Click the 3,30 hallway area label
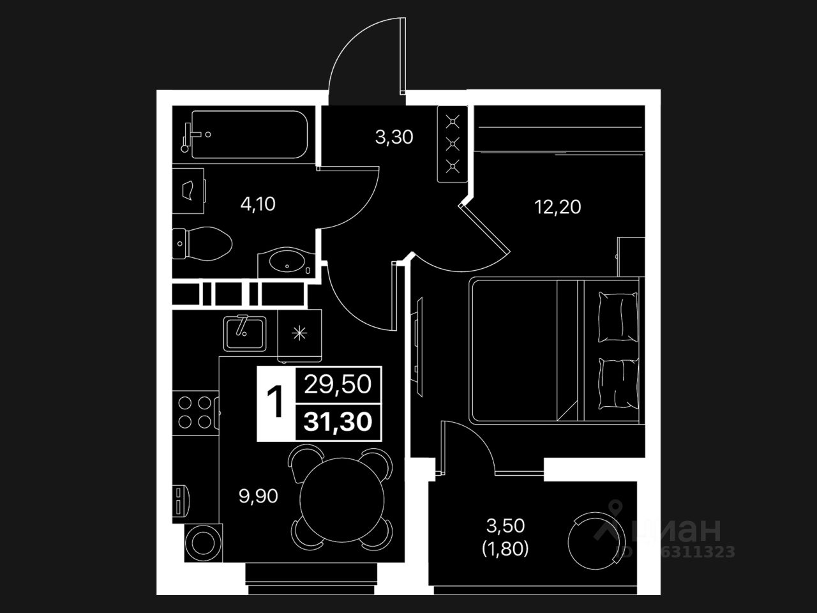(394, 137)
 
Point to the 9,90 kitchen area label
(258, 496)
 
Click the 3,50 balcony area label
(506, 526)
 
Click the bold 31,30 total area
(338, 422)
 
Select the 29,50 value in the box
(338, 385)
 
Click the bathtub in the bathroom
(249, 135)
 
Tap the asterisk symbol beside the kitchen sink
(299, 333)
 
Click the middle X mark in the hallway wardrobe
(453, 143)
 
